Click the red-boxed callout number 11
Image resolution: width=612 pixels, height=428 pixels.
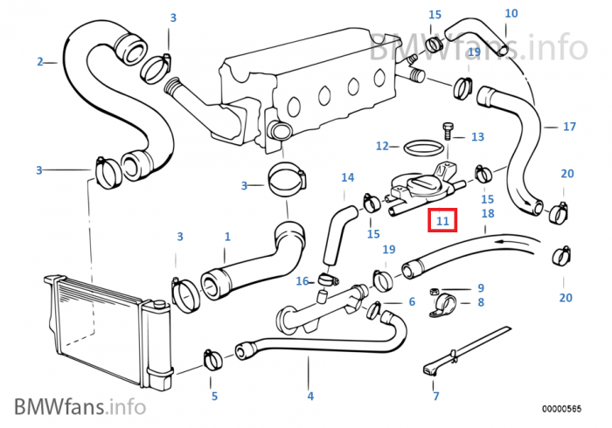[442, 222]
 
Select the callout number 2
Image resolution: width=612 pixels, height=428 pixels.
[40, 61]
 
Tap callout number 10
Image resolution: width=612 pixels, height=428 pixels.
[511, 13]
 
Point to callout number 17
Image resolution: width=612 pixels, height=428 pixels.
[569, 127]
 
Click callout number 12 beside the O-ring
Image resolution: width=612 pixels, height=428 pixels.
[382, 146]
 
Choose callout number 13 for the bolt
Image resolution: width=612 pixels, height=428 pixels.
[477, 137]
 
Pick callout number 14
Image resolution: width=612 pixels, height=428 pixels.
[348, 178]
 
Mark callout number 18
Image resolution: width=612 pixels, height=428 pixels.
[488, 213]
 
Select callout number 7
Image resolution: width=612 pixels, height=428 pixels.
[436, 397]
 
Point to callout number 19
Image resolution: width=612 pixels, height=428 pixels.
[474, 52]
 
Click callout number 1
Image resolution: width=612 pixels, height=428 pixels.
[227, 236]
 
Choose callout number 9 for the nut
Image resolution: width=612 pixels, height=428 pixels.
[480, 288]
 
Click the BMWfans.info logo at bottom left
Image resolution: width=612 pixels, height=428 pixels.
[80, 406]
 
